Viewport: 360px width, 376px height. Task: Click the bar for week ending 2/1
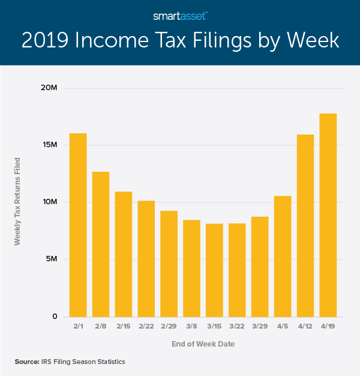point(78,225)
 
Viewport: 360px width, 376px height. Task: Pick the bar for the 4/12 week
point(305,226)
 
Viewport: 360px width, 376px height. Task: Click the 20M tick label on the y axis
point(49,88)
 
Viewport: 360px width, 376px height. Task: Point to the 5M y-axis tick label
point(52,259)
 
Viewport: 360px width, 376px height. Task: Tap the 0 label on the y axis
point(55,317)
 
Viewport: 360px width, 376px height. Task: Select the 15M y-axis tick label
point(49,145)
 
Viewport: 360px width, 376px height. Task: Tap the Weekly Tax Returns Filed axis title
point(18,201)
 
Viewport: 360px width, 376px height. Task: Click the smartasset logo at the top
point(180,14)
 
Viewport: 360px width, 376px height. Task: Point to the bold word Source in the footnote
point(28,362)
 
